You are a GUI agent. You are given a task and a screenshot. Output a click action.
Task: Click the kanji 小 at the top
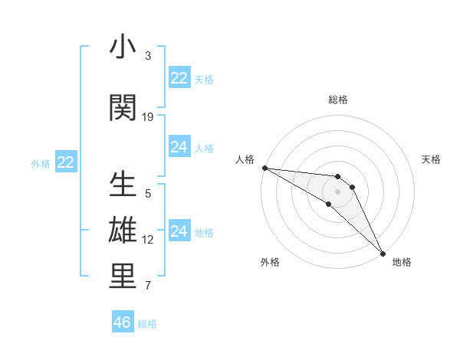(x=123, y=47)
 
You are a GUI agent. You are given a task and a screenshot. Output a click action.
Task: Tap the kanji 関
(x=123, y=108)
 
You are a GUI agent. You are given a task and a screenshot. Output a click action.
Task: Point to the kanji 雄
(x=123, y=231)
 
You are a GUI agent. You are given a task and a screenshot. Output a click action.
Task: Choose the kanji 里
(x=123, y=277)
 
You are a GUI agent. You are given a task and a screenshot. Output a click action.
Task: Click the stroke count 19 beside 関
(x=148, y=117)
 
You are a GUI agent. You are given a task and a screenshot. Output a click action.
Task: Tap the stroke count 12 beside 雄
(x=148, y=240)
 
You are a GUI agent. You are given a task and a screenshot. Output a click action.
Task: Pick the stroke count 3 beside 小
(x=148, y=56)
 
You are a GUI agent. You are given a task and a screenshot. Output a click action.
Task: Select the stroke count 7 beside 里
(x=148, y=286)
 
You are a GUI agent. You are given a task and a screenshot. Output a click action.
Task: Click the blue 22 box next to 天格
(x=179, y=78)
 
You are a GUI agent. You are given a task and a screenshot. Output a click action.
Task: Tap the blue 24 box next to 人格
(x=179, y=147)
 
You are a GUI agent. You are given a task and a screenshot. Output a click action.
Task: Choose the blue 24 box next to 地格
(x=179, y=231)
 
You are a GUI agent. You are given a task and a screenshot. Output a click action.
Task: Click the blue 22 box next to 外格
(x=66, y=162)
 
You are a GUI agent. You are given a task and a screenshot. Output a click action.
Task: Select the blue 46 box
(x=123, y=322)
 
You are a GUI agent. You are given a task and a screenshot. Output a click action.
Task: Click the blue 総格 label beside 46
(x=147, y=324)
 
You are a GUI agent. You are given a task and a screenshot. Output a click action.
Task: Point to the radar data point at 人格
(x=264, y=168)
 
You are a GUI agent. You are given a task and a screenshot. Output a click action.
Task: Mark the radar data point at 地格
(x=382, y=253)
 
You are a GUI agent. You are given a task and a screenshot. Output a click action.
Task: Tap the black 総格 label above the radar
(x=338, y=100)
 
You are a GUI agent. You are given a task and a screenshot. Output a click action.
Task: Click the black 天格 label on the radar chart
(x=432, y=159)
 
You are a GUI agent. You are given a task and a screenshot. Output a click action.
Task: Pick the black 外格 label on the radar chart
(x=270, y=262)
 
